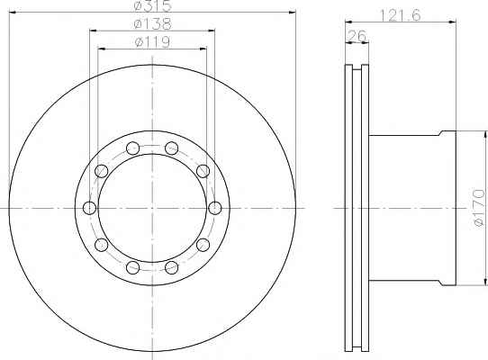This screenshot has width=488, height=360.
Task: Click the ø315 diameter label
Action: [x=152, y=5]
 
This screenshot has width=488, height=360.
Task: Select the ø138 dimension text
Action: [x=152, y=24]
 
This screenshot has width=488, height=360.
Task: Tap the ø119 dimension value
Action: [x=152, y=42]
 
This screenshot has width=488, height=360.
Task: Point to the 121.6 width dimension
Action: [x=401, y=15]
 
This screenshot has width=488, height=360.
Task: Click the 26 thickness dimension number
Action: [x=357, y=36]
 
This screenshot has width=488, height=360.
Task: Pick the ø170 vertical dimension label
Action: [x=478, y=207]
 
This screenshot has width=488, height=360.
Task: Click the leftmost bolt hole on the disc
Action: [x=90, y=208]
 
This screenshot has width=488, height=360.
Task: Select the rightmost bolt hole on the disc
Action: [x=215, y=208]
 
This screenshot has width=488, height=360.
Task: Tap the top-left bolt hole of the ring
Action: [x=132, y=148]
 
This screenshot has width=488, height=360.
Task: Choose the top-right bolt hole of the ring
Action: [x=171, y=148]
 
